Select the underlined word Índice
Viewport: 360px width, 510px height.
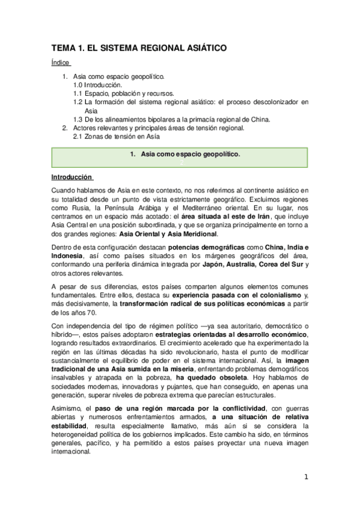coord(61,63)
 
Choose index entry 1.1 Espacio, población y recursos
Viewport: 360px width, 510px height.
coord(123,94)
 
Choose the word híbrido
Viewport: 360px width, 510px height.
coord(65,334)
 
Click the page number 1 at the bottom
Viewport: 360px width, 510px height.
coord(305,477)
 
